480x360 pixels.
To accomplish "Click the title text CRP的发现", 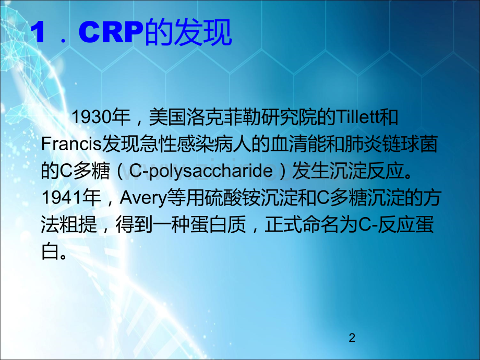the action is tap(155, 32).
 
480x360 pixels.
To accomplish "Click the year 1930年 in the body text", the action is tap(101, 117).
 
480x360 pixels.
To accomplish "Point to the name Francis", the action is tap(71, 144).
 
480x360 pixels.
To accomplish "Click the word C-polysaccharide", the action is tap(201, 171).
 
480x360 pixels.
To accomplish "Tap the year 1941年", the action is tap(71, 197).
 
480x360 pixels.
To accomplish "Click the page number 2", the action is tap(352, 338).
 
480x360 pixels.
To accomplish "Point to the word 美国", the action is tap(167, 117).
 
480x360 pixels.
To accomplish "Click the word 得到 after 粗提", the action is tap(134, 224).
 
